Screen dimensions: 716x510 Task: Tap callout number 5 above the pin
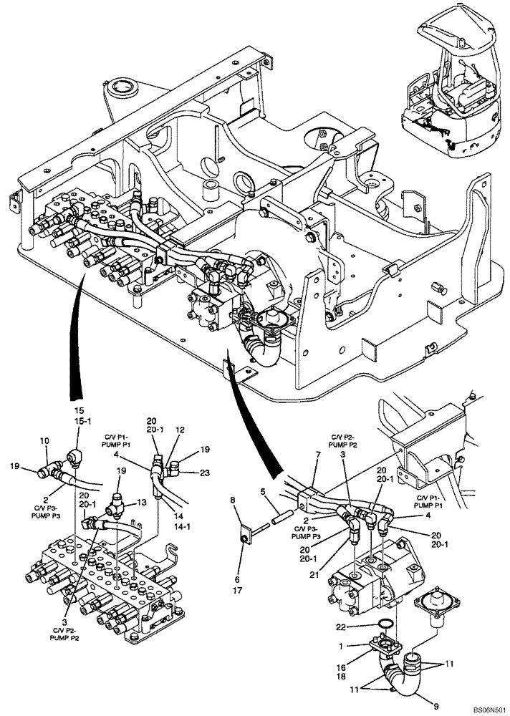click(263, 493)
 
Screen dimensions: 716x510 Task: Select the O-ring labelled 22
click(385, 623)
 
